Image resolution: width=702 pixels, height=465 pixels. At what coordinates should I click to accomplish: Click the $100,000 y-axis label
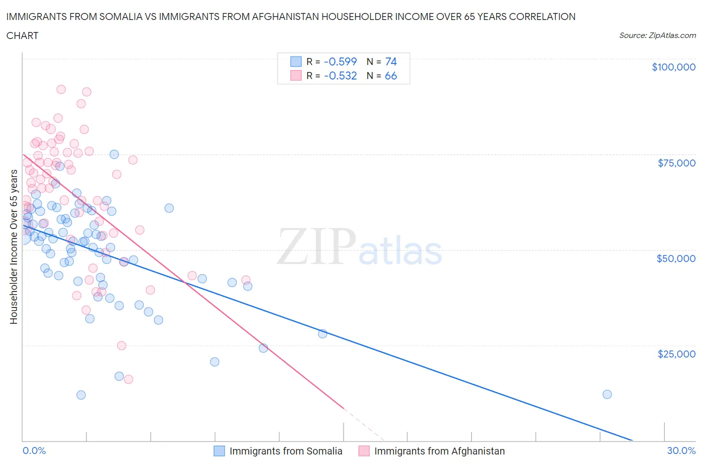[674, 67]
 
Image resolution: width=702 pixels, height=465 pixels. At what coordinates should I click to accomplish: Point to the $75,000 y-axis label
[677, 163]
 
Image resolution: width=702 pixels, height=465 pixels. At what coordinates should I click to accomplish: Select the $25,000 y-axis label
[676, 354]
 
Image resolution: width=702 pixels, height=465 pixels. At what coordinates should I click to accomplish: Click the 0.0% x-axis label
[34, 450]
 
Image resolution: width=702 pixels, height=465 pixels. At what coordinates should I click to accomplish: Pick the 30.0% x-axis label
[681, 450]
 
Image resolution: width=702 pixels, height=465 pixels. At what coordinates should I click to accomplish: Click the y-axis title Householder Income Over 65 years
[14, 246]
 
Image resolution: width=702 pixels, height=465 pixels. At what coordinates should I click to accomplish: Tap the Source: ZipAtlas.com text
[657, 35]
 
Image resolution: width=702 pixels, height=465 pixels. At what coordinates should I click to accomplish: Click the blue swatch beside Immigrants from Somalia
[219, 451]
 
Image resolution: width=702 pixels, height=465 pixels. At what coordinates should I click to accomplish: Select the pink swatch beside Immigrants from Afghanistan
[364, 451]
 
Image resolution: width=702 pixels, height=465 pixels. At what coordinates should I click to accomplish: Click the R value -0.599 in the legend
[340, 61]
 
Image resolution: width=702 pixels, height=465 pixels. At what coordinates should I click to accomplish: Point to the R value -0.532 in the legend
[340, 75]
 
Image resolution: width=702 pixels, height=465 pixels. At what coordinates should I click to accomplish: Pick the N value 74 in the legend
[391, 61]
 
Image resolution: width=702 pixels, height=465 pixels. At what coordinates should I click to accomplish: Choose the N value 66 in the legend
[391, 75]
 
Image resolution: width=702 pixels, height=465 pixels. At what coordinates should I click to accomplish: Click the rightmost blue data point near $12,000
[607, 394]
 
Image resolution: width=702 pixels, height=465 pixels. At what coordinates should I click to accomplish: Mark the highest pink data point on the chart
[61, 89]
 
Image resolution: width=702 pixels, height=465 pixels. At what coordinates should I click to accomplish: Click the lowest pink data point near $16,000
[128, 379]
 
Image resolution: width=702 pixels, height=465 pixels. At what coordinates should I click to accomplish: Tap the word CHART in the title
[22, 35]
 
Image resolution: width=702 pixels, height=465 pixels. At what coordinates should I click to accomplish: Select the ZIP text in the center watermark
[317, 247]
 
